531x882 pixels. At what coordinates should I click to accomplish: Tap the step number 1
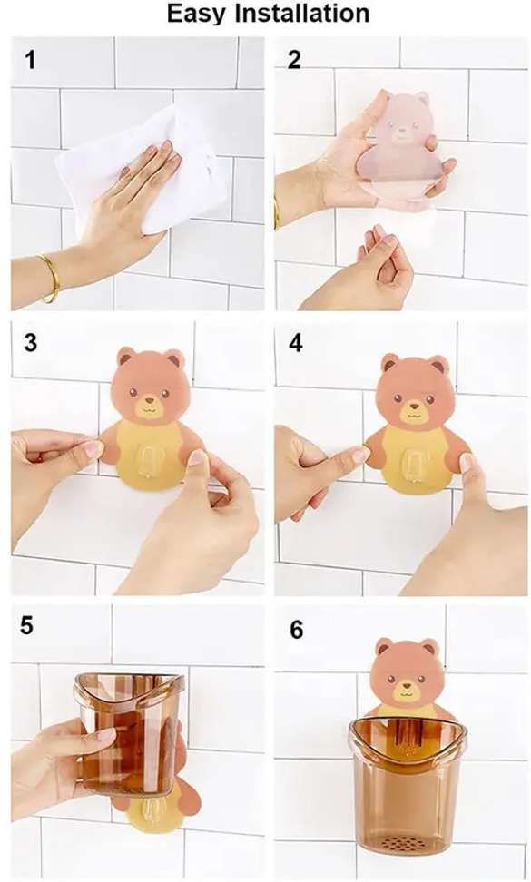(30, 60)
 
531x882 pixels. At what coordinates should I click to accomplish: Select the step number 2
(293, 60)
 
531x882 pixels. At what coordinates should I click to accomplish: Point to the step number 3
(30, 342)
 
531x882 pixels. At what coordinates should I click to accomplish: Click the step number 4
(295, 342)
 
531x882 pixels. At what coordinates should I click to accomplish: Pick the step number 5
(27, 625)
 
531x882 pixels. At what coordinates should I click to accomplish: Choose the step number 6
(297, 630)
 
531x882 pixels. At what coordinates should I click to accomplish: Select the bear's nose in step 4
(413, 406)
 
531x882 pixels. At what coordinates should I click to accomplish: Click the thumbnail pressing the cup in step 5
(106, 733)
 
